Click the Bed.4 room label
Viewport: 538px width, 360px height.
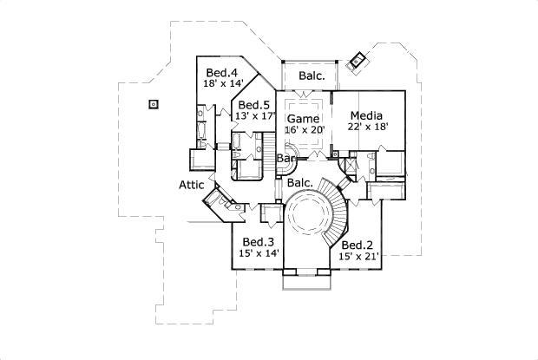pos(221,72)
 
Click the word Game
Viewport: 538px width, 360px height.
pos(303,119)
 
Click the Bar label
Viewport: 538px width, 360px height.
pos(284,160)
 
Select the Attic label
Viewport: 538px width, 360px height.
pos(191,185)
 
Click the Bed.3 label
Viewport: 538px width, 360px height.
pos(259,242)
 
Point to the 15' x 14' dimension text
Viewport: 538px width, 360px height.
pos(259,254)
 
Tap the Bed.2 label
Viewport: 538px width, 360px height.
pos(358,245)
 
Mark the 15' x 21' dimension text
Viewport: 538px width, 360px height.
pos(358,258)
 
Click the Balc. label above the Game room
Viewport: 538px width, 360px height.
pos(312,75)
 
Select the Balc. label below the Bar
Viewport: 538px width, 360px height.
pos(299,184)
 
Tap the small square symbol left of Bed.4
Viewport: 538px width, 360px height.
pos(153,104)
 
